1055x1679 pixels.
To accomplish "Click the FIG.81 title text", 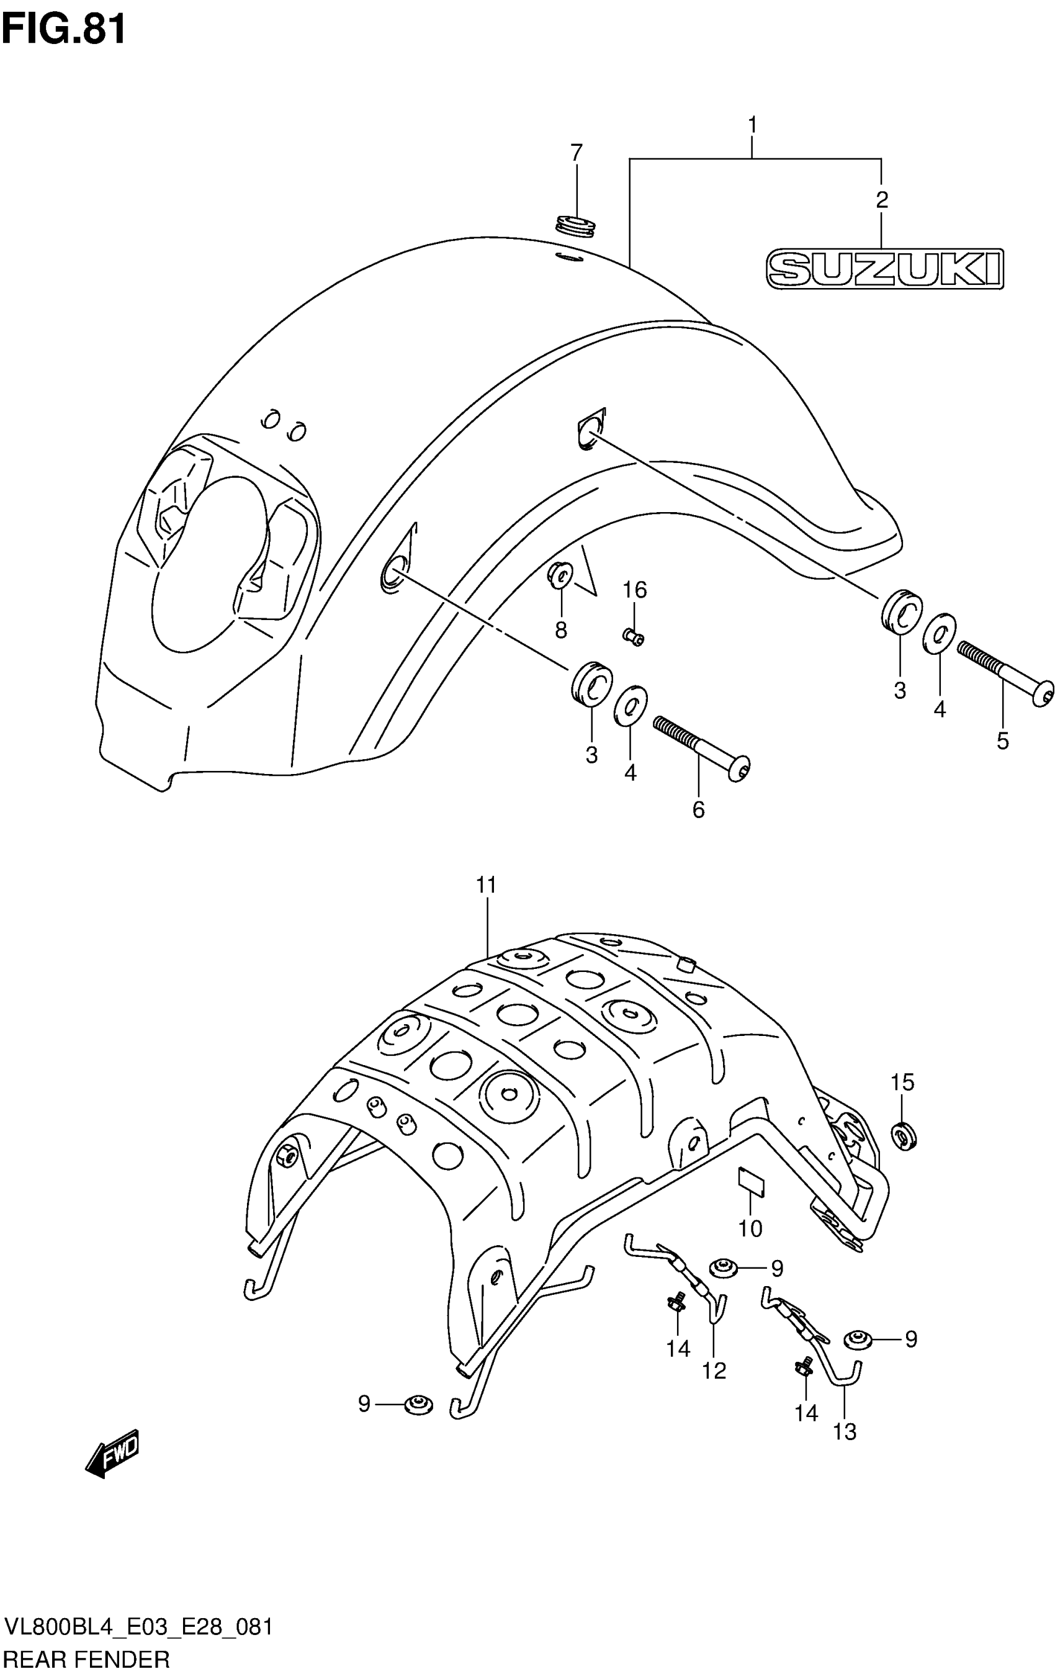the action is tap(64, 29).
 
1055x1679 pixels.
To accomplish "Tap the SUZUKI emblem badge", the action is tap(884, 268).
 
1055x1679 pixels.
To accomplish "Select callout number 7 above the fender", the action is tap(576, 153).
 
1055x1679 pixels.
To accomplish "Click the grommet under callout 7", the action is tap(577, 226).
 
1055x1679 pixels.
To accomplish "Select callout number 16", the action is tap(634, 590).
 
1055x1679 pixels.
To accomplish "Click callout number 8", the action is tap(560, 630).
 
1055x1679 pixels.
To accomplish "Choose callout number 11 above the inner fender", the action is tap(486, 885).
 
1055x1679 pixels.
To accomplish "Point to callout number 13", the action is tap(844, 1431).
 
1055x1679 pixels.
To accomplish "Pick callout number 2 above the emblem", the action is tap(881, 200).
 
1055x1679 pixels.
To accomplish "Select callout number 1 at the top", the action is tap(752, 125).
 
